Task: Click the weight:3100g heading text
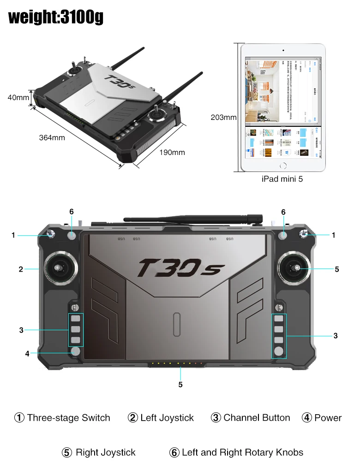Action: tap(56, 17)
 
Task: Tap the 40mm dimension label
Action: tap(18, 98)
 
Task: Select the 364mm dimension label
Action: tap(52, 137)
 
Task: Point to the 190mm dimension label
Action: tap(172, 152)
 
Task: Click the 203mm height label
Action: tap(223, 117)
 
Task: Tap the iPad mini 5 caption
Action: tap(282, 179)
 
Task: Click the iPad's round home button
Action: tap(283, 166)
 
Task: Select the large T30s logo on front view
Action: tap(181, 268)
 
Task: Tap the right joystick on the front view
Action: tap(294, 268)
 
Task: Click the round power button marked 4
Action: tap(76, 352)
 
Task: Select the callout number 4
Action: tap(27, 354)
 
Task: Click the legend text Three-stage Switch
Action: tap(68, 418)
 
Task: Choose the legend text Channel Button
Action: tap(257, 418)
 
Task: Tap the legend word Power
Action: tap(328, 418)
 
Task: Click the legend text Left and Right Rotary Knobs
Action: tap(242, 452)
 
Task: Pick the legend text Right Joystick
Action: tap(105, 452)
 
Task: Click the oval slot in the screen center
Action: tap(176, 325)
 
